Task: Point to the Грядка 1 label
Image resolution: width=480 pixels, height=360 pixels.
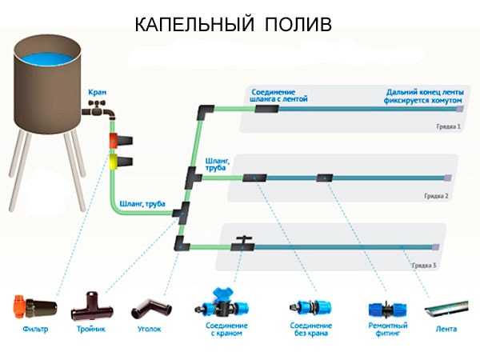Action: [449, 126]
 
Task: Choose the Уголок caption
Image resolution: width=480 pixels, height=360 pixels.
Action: [150, 329]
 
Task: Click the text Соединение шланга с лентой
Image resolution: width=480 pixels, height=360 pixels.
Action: [280, 95]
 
